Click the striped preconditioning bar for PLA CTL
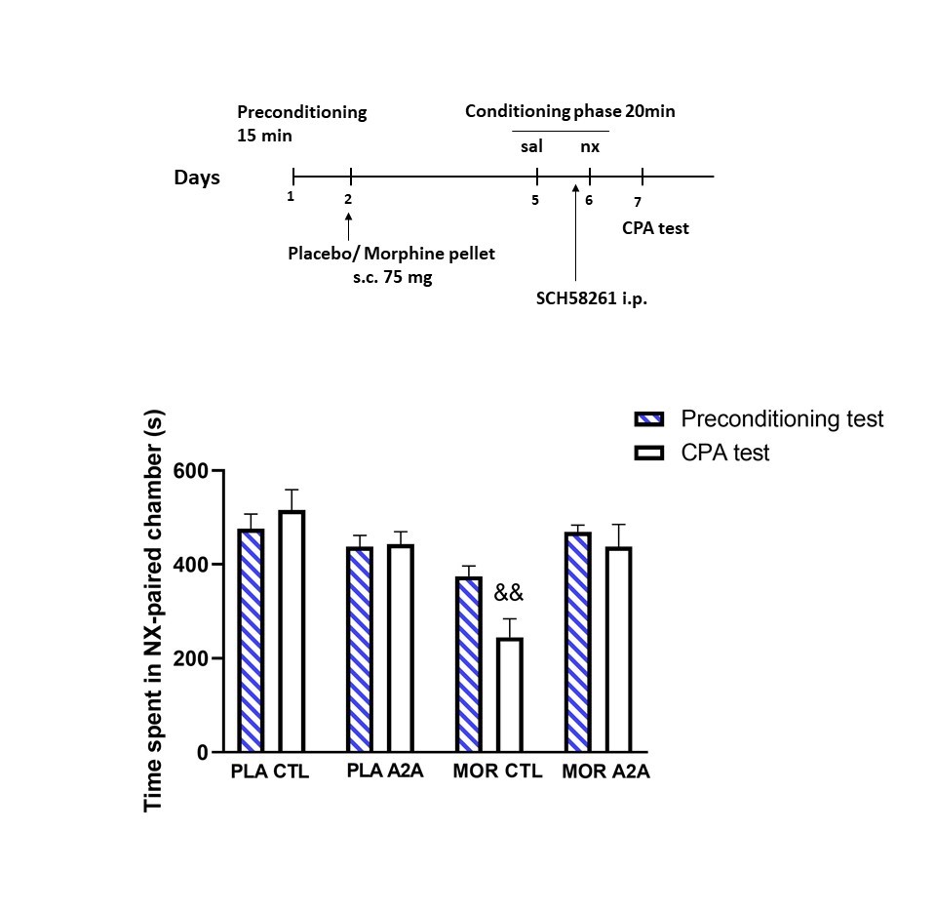tap(252, 640)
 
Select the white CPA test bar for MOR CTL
tap(508, 694)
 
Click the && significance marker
tap(509, 592)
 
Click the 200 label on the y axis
tap(190, 658)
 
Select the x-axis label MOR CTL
tap(497, 772)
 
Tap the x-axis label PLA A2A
tap(385, 772)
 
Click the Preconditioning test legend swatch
tap(648, 419)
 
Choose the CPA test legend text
tap(725, 453)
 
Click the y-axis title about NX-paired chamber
tap(154, 611)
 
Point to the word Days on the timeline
tap(197, 178)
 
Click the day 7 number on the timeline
tap(638, 202)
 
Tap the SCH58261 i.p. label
tap(592, 299)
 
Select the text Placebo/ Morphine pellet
tap(391, 254)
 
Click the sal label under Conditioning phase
tap(531, 147)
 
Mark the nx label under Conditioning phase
tap(590, 147)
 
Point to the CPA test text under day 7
tap(656, 228)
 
